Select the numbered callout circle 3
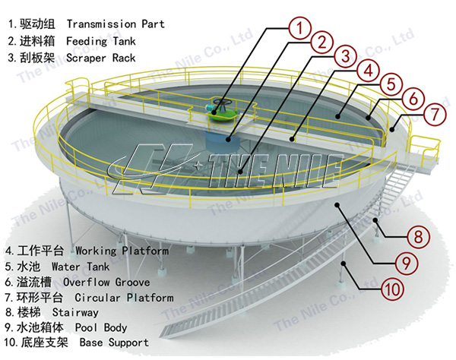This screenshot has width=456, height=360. pos(346,55)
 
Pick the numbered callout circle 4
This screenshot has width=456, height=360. pos(368,70)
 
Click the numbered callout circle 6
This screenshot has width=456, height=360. pos(410,99)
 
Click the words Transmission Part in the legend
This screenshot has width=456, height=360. pos(116,24)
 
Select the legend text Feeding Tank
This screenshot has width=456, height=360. pos(102,40)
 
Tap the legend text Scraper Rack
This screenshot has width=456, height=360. pos(102,58)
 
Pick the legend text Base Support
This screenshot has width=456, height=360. pos(113,343)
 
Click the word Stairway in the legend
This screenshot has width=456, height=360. pos(74,312)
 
